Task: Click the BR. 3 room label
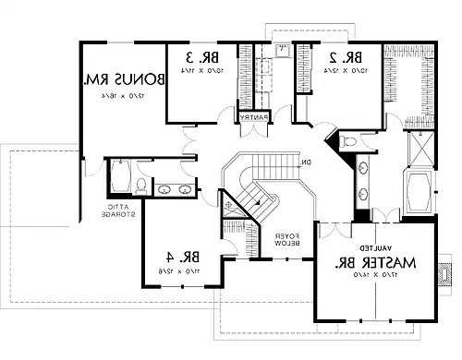pos(193,55)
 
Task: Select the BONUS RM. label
pos(123,80)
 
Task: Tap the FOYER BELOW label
pos(284,239)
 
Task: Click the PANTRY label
pos(252,117)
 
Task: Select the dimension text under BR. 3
pos(195,69)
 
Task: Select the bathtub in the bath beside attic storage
pos(120,178)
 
